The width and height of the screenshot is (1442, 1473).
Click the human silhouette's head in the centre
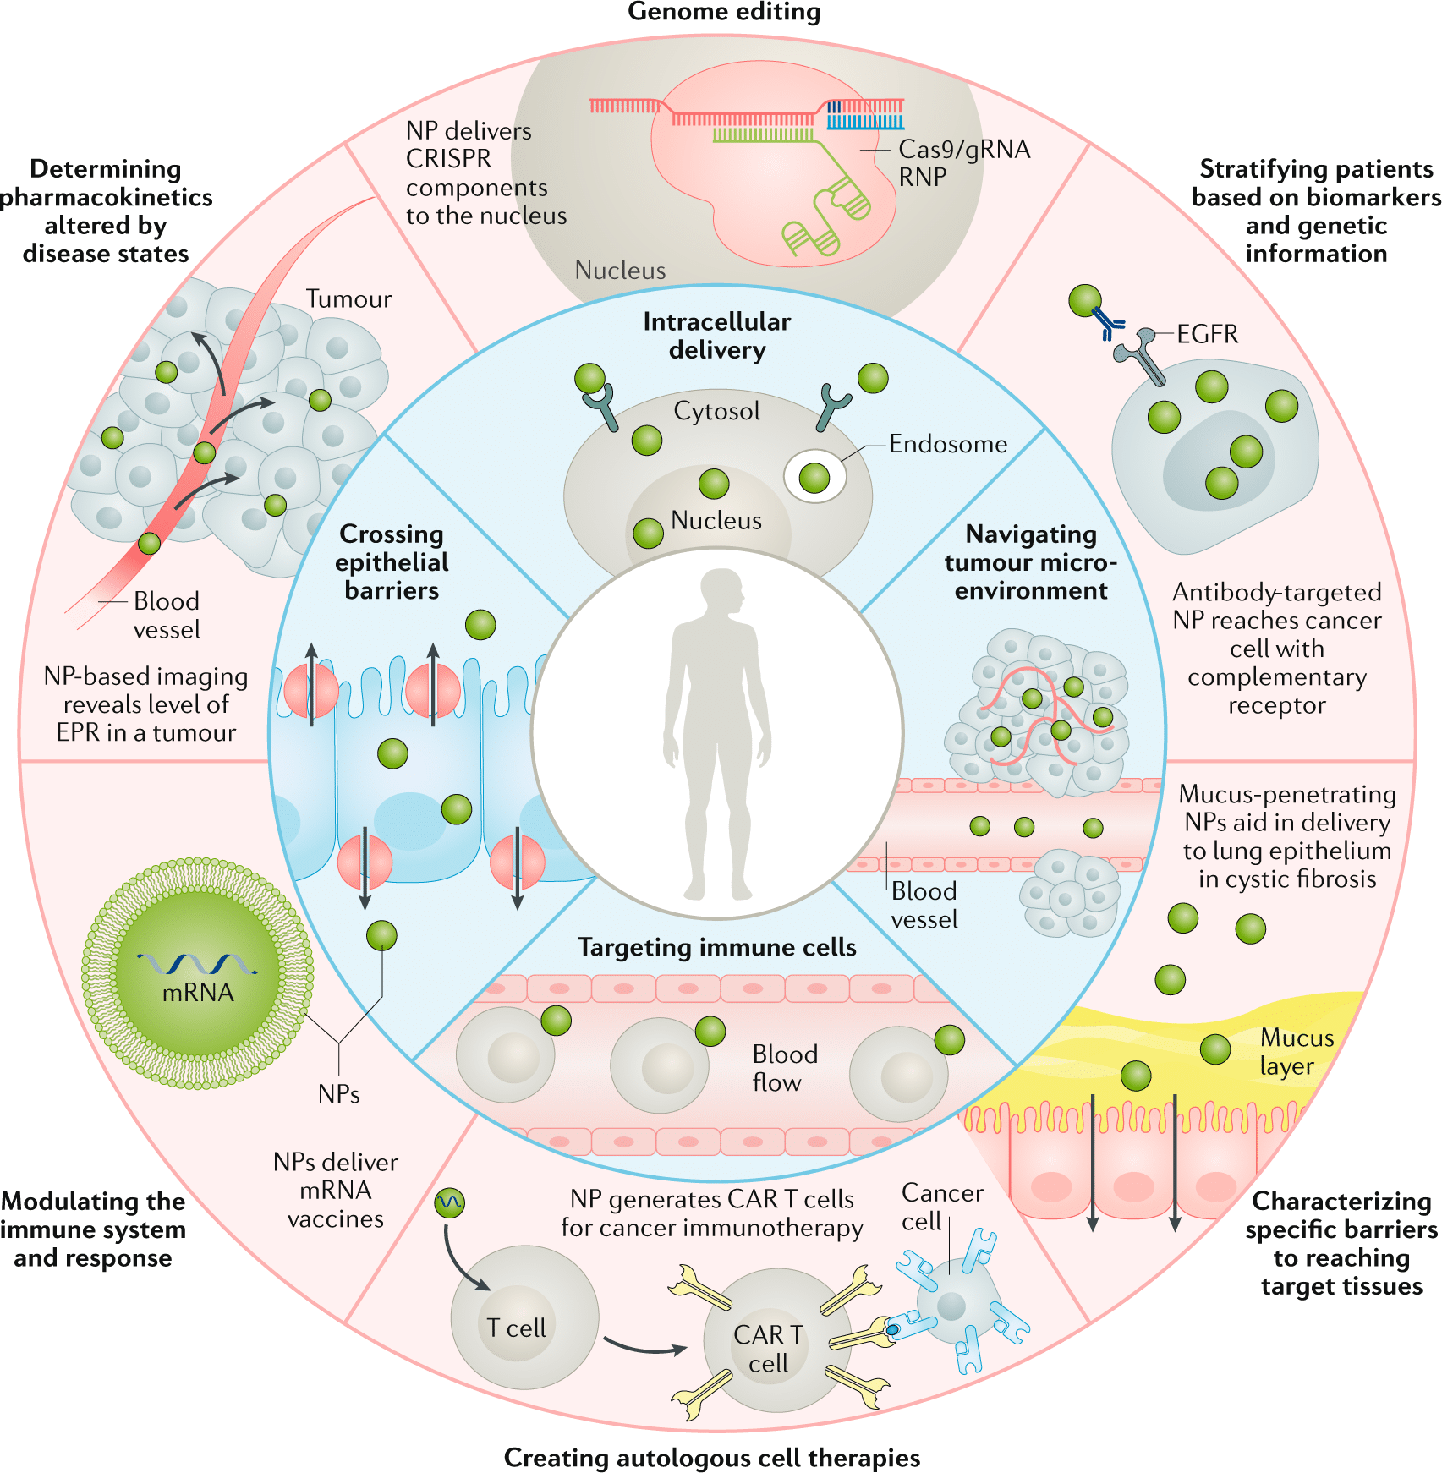[x=721, y=590]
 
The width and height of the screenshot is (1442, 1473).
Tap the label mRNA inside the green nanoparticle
[x=198, y=992]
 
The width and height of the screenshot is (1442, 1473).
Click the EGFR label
[x=1207, y=334]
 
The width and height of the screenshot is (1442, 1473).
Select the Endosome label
[x=947, y=444]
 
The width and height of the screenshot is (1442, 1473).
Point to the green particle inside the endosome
[x=814, y=478]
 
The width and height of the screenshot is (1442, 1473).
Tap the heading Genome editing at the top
[x=723, y=12]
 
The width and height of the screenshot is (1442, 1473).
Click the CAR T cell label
[x=768, y=1349]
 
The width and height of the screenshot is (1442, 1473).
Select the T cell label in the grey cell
[x=516, y=1328]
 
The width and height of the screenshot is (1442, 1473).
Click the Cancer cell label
[x=941, y=1207]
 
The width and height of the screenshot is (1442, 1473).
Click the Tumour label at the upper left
[x=348, y=299]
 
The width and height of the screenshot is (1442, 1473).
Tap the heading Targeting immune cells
[x=716, y=947]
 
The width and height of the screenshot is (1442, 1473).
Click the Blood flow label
[x=784, y=1068]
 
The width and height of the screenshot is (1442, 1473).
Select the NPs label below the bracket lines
[x=338, y=1094]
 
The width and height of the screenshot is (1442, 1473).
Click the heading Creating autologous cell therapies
[x=711, y=1458]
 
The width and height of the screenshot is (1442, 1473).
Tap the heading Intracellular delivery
[x=716, y=336]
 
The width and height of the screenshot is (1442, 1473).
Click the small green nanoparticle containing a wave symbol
[x=449, y=1202]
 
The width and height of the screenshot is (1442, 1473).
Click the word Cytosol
[x=716, y=411]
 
